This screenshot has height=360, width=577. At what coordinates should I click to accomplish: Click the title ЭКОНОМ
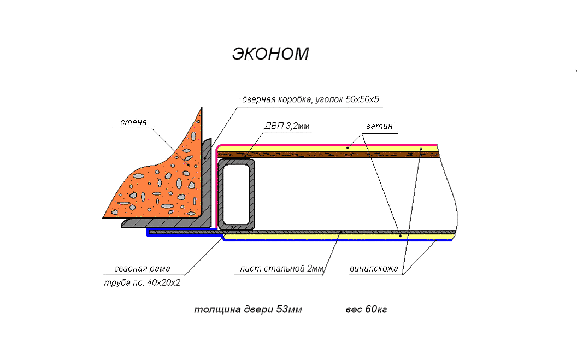click(270, 54)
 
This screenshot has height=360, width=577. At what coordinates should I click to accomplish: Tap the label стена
click(133, 122)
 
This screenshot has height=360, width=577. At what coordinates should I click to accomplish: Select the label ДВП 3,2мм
click(287, 126)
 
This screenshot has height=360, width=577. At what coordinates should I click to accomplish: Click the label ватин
click(379, 126)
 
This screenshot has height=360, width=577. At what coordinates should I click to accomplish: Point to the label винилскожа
click(374, 269)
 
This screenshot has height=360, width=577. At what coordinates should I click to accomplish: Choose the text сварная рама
click(142, 269)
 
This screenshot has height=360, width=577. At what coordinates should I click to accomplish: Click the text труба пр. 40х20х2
click(142, 283)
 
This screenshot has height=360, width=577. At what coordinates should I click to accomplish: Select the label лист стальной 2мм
click(281, 269)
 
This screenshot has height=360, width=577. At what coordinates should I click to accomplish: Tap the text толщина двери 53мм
click(248, 310)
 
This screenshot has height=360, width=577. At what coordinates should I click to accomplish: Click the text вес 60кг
click(366, 310)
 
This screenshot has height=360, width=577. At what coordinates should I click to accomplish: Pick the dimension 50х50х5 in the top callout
click(362, 99)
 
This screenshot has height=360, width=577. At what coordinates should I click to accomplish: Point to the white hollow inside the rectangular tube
click(236, 194)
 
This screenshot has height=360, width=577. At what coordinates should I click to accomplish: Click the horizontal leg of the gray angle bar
click(166, 222)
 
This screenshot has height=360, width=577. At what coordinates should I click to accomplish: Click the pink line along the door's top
click(327, 146)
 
